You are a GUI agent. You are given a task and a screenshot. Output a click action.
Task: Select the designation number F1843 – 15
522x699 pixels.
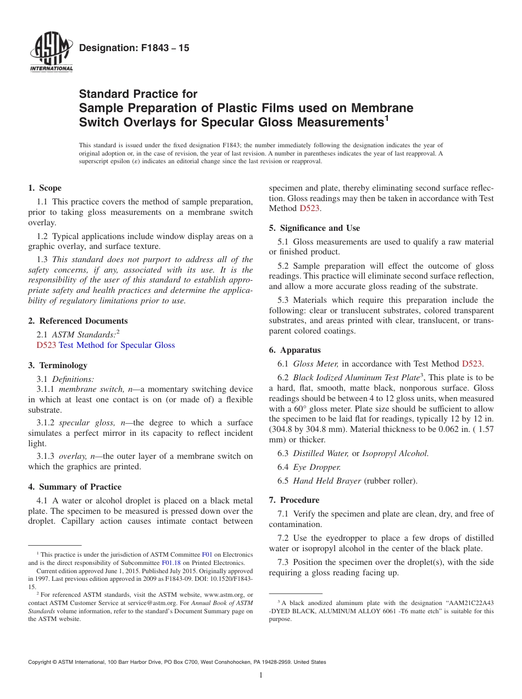click(x=134, y=48)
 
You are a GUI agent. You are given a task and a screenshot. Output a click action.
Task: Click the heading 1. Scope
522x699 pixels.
click(x=45, y=188)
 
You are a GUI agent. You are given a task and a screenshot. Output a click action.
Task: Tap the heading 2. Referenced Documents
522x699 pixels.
click(x=78, y=321)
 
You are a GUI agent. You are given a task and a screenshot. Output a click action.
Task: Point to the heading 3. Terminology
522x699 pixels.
click(x=58, y=365)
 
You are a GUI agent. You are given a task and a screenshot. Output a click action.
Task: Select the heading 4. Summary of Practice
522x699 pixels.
click(x=75, y=487)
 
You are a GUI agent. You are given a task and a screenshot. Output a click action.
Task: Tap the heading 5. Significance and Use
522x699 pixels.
click(x=314, y=228)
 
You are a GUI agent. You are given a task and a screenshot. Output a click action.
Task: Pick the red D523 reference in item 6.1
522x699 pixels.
click(x=472, y=363)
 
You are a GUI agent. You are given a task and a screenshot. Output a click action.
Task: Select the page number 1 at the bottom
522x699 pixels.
click(x=261, y=675)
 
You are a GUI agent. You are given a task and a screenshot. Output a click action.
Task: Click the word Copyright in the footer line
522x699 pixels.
click(x=41, y=662)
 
